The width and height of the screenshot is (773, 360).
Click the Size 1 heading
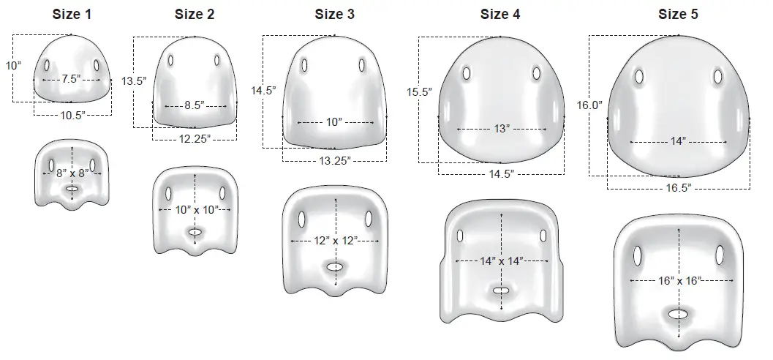72,13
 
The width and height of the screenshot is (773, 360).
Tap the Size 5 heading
677,13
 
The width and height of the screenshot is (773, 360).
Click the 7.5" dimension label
71,79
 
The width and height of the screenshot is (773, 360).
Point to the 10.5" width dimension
72,115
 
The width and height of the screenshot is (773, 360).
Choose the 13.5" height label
134,80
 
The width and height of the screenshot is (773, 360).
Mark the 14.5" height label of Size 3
263,91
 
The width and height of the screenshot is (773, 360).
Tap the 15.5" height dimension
419,92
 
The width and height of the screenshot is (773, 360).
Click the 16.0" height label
589,105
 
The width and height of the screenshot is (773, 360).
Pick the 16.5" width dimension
678,188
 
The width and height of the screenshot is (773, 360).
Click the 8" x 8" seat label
72,173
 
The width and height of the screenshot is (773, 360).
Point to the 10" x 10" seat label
194,210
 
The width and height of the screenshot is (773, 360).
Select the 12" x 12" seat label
334,241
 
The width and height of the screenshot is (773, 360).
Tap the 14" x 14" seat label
501,261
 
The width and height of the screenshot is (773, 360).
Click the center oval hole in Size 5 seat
678,314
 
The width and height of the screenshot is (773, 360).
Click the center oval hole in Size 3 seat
334,267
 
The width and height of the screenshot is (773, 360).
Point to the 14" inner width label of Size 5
678,140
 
